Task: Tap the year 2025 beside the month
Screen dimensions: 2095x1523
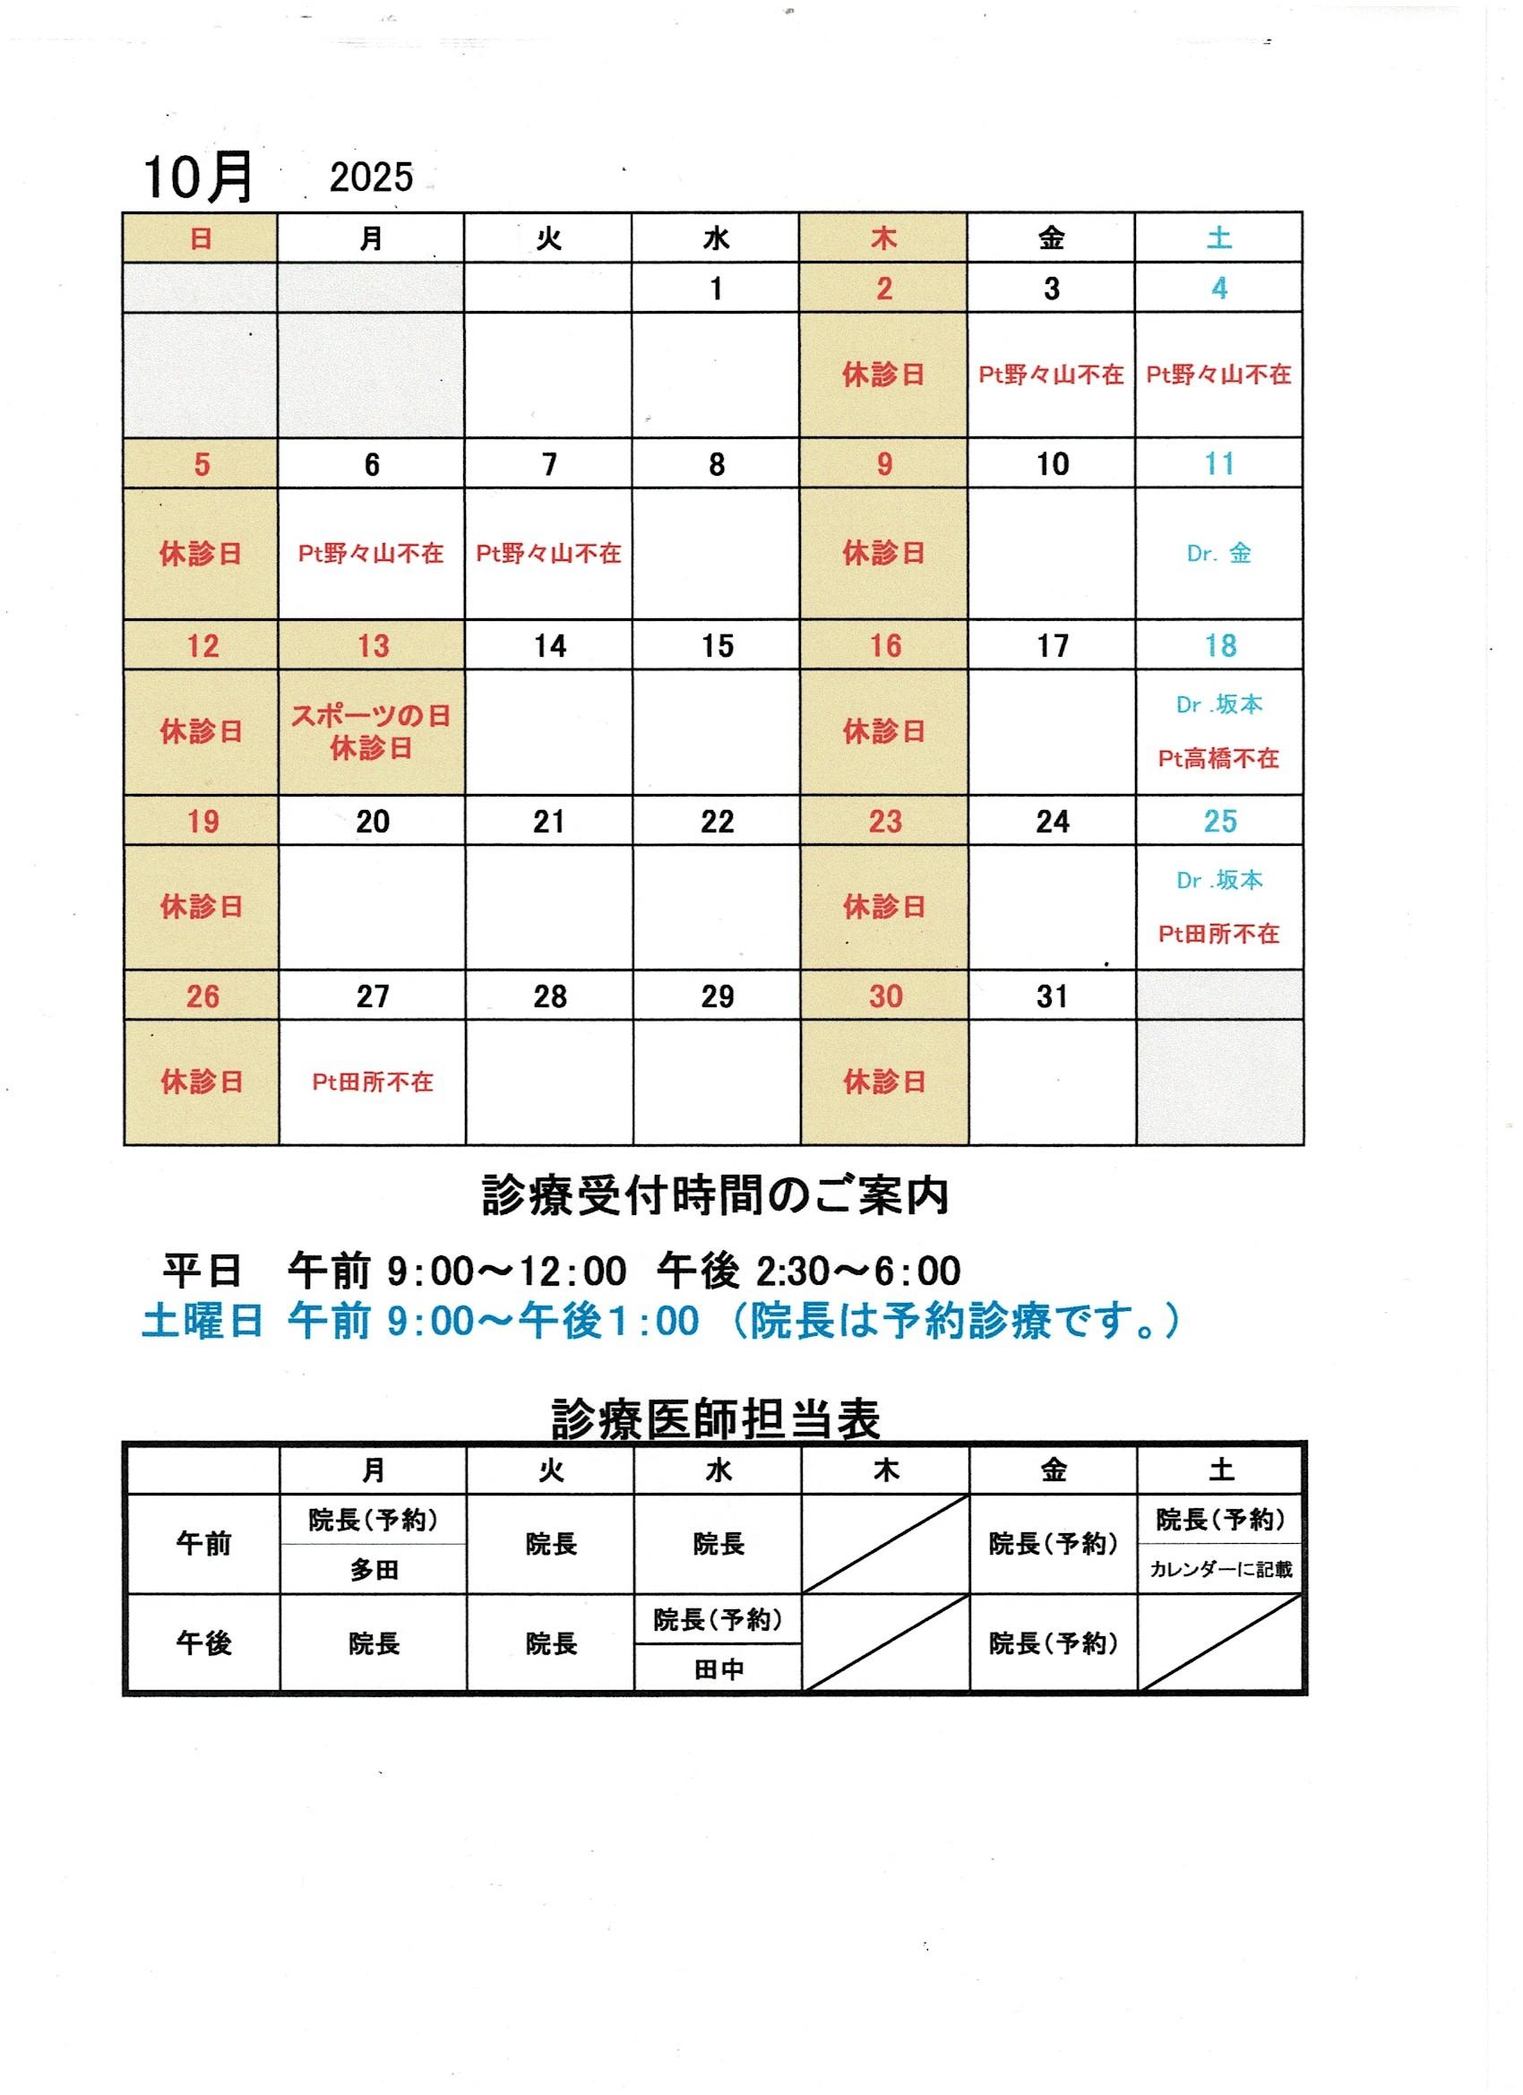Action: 371,177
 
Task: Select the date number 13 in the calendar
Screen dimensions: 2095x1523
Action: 372,646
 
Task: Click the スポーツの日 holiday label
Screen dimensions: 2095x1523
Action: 371,717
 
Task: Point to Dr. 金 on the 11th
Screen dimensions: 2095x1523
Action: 1219,553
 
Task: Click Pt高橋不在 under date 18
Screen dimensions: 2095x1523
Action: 1219,758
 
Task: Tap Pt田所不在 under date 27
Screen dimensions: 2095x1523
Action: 372,1082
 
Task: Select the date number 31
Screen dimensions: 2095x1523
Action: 1052,996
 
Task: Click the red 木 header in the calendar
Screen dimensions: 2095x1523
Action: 884,239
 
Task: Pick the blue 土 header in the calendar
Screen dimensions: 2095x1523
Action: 1219,238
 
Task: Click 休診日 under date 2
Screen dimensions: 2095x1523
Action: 884,375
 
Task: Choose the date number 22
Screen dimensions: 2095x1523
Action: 717,821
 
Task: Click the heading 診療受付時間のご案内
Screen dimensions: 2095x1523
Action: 716,1198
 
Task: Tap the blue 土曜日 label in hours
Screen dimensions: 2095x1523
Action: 202,1321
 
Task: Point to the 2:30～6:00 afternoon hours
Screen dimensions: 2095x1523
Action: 858,1271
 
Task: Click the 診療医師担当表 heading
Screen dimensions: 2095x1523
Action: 716,1419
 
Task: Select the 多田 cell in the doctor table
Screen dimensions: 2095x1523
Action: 373,1569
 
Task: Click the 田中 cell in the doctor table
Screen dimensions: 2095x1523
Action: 718,1669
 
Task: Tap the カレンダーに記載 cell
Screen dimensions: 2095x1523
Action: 1220,1569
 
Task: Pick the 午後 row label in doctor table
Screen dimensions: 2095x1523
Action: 203,1643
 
